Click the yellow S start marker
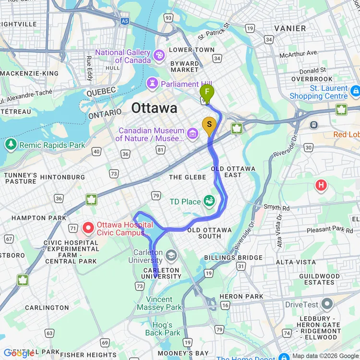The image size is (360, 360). click(209, 124)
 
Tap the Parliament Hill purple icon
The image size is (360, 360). click(152, 84)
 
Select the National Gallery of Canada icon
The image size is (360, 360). click(158, 56)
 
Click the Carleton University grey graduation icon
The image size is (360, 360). click(171, 254)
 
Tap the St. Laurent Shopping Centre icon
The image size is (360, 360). click(355, 90)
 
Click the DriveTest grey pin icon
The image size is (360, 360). click(327, 304)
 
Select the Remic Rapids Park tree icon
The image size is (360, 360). click(10, 144)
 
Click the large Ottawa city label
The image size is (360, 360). click(154, 108)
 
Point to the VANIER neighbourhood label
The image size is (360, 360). click(289, 28)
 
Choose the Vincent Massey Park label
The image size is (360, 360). click(160, 303)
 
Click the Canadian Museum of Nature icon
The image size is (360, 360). click(192, 132)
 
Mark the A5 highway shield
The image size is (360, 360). click(125, 21)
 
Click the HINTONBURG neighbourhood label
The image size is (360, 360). click(62, 177)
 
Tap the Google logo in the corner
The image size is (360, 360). click(18, 353)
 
